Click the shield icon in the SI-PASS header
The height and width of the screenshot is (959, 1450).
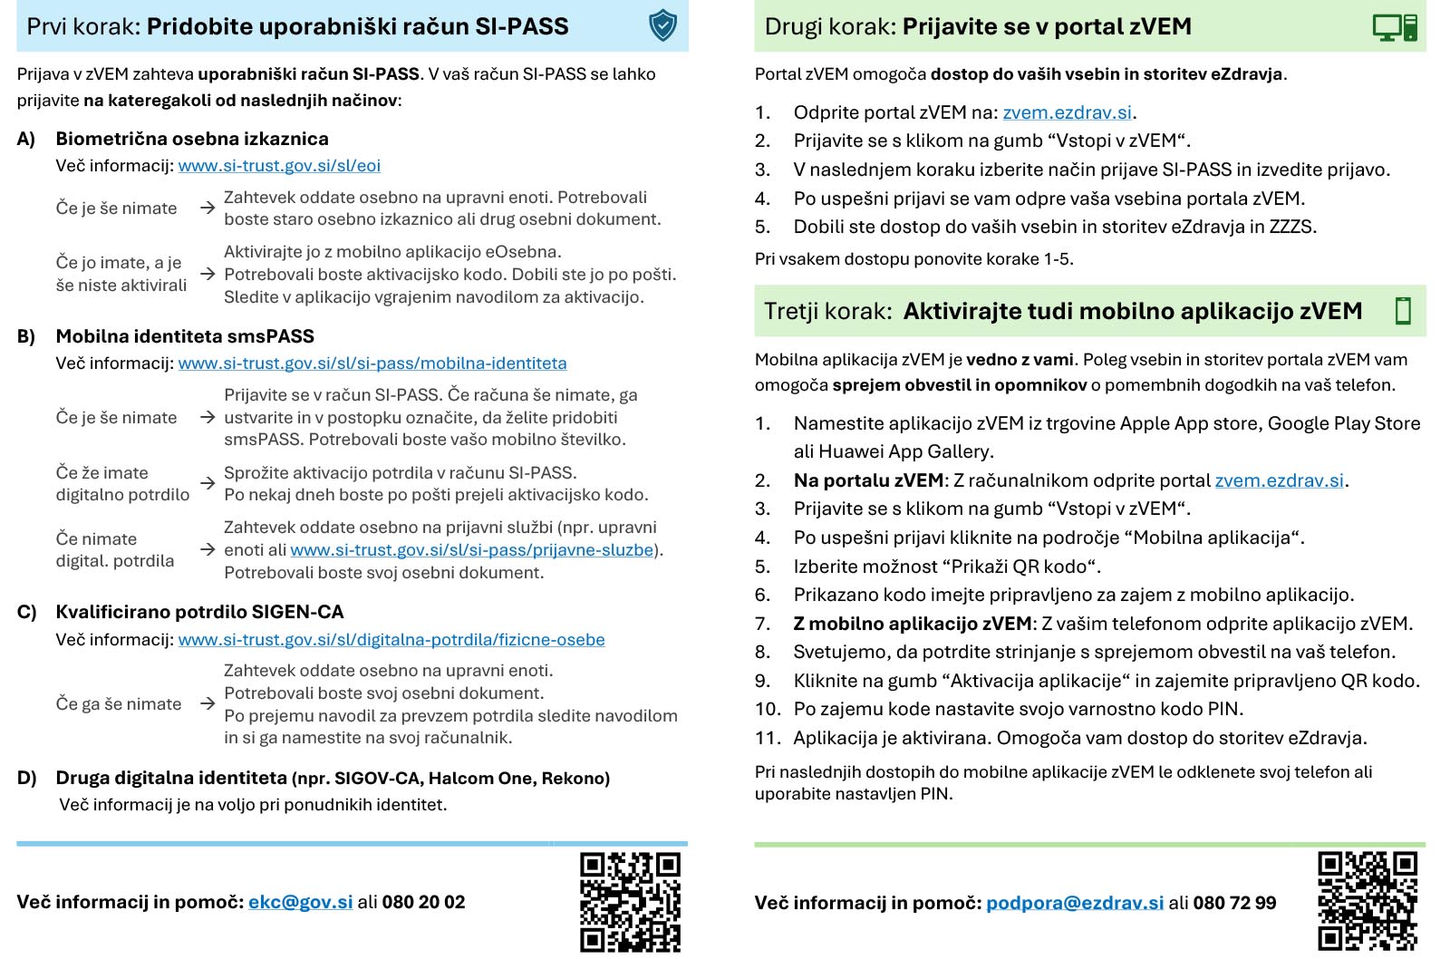point(663,25)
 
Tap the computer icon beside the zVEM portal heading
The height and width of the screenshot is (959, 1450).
point(1394,27)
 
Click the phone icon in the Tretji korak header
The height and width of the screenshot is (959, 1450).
point(1403,311)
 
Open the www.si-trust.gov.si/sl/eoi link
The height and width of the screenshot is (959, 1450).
point(279,166)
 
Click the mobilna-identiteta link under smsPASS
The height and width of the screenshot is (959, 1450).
point(372,363)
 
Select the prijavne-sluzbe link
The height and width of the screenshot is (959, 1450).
point(471,550)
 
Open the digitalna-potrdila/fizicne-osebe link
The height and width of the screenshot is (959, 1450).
point(391,640)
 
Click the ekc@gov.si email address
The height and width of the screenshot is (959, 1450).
point(300,903)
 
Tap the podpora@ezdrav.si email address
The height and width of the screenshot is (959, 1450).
point(1074,904)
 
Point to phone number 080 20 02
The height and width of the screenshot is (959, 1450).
point(423,903)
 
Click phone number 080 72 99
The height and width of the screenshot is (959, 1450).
point(1234,904)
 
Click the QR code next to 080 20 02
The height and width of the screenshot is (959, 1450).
point(630,901)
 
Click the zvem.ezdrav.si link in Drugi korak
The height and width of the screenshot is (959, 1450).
point(1067,112)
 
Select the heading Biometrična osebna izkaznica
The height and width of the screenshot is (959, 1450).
point(192,139)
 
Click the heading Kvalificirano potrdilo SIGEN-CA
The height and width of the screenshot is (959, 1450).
point(199,612)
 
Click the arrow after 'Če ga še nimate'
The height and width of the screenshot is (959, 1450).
point(208,704)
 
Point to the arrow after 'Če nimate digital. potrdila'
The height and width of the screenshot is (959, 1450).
point(208,550)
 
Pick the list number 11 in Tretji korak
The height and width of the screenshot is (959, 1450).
point(767,738)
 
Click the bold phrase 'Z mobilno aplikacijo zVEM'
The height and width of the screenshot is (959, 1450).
point(913,624)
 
